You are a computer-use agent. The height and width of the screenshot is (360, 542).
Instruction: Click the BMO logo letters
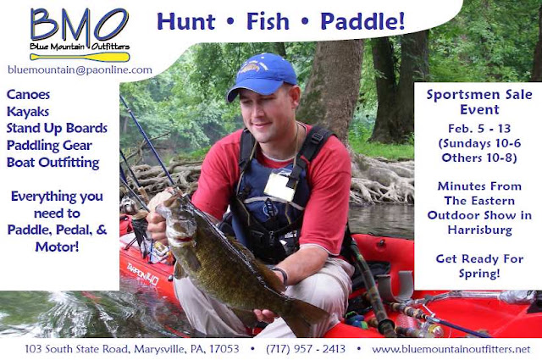[80, 25]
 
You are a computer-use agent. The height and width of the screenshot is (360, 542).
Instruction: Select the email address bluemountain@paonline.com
[80, 69]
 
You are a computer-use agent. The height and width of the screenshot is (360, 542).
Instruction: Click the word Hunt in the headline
[186, 21]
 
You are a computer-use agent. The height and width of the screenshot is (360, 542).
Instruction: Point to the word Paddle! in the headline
[362, 21]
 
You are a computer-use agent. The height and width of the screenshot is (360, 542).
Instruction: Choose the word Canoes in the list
[28, 94]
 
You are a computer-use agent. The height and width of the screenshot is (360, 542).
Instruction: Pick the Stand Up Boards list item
[57, 128]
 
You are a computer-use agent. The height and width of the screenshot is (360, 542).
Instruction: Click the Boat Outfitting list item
[53, 163]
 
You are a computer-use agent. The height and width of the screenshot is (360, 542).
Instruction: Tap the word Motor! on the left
[57, 246]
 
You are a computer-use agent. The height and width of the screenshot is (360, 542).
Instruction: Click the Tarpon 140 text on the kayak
[143, 274]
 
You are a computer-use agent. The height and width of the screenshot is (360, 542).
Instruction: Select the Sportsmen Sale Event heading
[479, 102]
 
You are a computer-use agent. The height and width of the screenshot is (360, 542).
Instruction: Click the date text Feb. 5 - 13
[479, 129]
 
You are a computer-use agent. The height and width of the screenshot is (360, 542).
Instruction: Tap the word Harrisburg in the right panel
[480, 230]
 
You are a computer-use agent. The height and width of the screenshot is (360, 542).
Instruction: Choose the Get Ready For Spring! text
[479, 266]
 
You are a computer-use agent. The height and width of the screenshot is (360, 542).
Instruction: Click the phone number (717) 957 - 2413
[306, 349]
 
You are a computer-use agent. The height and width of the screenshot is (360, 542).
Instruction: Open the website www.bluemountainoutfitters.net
[451, 349]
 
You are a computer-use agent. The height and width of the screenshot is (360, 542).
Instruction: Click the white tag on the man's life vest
[279, 186]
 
